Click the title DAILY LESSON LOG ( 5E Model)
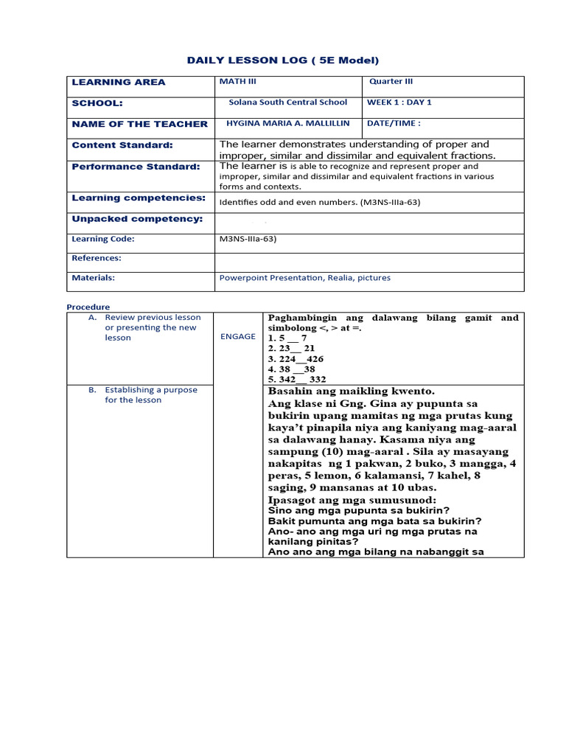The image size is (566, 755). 284,60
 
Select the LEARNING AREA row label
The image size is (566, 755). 119,83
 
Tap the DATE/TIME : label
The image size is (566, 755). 394,124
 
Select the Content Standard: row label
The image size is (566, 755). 122,145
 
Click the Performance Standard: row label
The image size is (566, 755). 136,167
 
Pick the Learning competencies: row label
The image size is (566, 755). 139,198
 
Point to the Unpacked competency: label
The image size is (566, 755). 137,219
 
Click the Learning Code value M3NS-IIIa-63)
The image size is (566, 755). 248,239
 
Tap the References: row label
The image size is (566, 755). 97,258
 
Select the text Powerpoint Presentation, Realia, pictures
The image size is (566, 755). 305,278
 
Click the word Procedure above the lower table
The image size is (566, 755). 88,307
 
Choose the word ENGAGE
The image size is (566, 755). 238,336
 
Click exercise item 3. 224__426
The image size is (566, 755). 296,359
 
